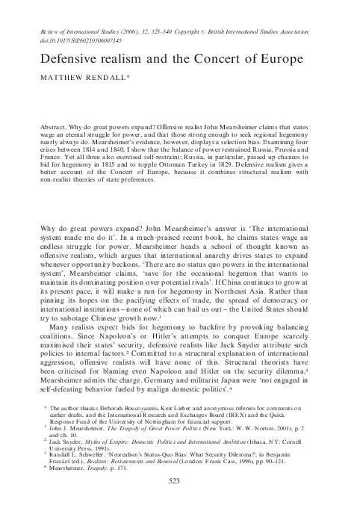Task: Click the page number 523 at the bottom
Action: [x=180, y=504]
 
